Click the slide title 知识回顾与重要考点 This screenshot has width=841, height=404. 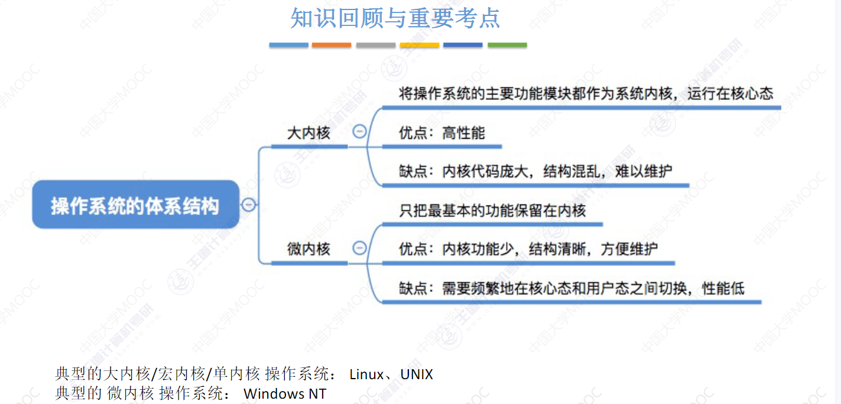click(x=395, y=18)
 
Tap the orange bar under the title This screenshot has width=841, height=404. click(x=332, y=45)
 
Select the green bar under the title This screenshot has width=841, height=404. click(x=507, y=45)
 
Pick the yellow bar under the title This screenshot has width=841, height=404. click(x=420, y=45)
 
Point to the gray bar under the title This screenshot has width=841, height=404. click(x=376, y=45)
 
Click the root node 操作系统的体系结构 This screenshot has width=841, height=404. click(x=135, y=205)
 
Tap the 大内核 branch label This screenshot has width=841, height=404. click(x=309, y=133)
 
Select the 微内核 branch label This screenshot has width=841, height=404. click(x=309, y=249)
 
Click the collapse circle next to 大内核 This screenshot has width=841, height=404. click(x=359, y=132)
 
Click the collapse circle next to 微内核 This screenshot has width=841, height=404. click(x=359, y=247)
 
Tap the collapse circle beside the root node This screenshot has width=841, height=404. click(x=249, y=204)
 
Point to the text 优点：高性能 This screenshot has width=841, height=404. click(x=441, y=133)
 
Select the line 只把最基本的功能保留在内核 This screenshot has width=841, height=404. click(x=492, y=210)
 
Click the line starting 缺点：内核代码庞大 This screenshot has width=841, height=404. click(x=535, y=171)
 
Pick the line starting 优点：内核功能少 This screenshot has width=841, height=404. click(x=528, y=249)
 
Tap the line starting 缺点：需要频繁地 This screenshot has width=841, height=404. click(x=572, y=288)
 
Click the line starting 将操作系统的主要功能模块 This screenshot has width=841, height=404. click(x=586, y=94)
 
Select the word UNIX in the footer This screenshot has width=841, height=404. click(x=417, y=374)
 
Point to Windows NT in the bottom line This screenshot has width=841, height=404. click(x=285, y=393)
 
